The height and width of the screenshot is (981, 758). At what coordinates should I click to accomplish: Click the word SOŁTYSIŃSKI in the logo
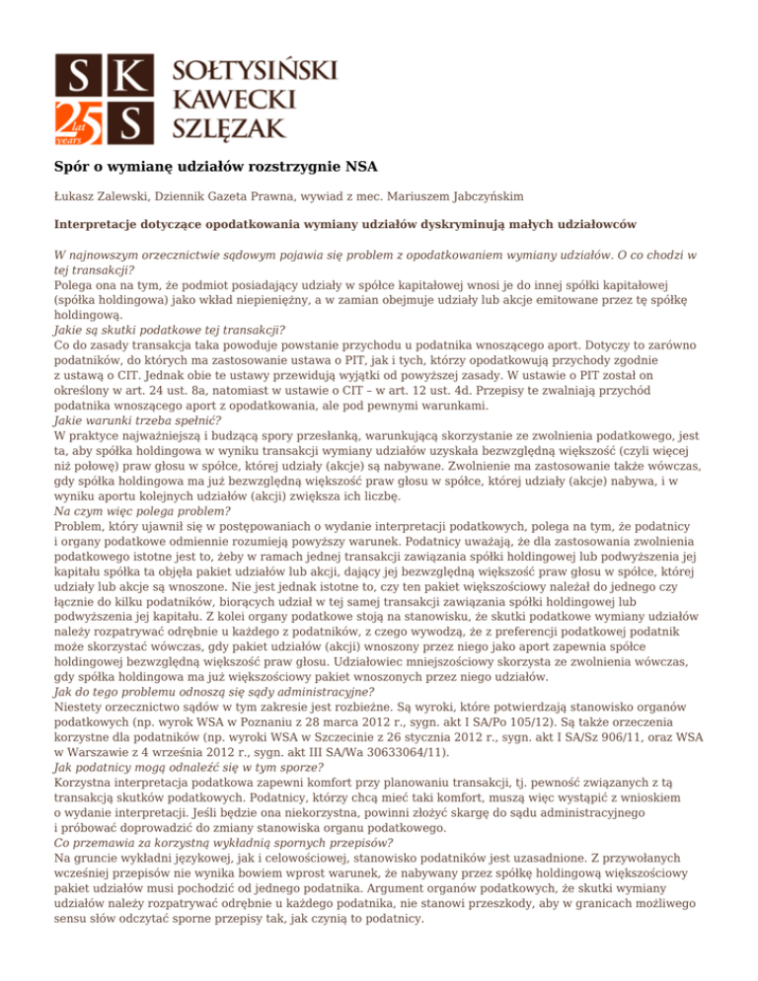click(x=255, y=70)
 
